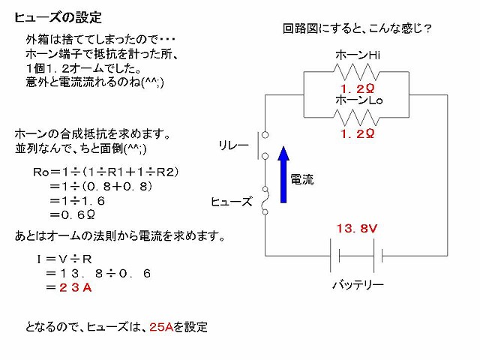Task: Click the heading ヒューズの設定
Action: click(x=58, y=17)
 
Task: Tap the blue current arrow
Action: click(x=283, y=175)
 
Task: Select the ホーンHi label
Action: click(x=358, y=55)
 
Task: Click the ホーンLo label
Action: click(x=358, y=100)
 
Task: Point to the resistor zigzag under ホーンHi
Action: click(x=356, y=72)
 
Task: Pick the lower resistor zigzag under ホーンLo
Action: click(x=356, y=118)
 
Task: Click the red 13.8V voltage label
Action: click(x=357, y=228)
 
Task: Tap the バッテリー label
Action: click(x=358, y=285)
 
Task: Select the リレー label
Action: click(x=233, y=145)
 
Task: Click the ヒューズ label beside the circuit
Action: click(x=232, y=202)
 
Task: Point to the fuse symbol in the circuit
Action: click(x=265, y=200)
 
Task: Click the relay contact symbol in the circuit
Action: click(x=262, y=145)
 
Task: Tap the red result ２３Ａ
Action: click(x=76, y=287)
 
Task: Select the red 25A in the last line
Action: click(x=161, y=327)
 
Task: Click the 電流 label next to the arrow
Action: click(x=302, y=179)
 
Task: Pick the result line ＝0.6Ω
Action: click(x=72, y=215)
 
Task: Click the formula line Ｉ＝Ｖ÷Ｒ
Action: click(x=64, y=259)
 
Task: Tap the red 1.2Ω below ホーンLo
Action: click(x=357, y=133)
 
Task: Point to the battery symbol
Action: click(x=356, y=256)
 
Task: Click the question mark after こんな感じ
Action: click(x=427, y=28)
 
